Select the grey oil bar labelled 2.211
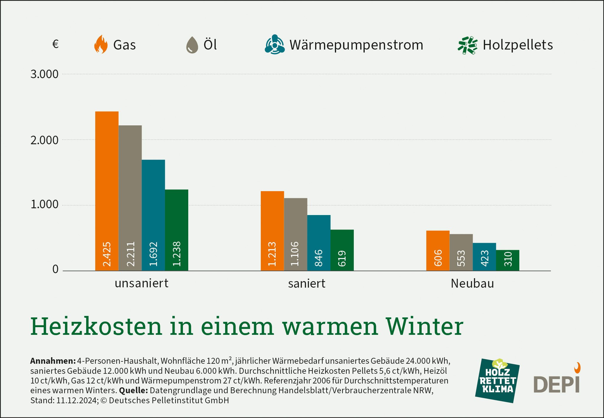point(130,198)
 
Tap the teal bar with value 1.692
point(153,215)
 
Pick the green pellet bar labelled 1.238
point(176,230)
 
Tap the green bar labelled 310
point(508,260)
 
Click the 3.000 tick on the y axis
point(45,74)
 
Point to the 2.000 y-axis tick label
point(45,140)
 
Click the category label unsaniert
point(141,283)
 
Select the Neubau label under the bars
point(472,283)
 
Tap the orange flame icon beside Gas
point(101,45)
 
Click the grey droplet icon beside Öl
point(192,45)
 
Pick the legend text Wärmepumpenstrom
point(356,45)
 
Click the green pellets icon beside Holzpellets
point(467,45)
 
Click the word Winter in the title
point(425,327)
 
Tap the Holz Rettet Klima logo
point(497,381)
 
